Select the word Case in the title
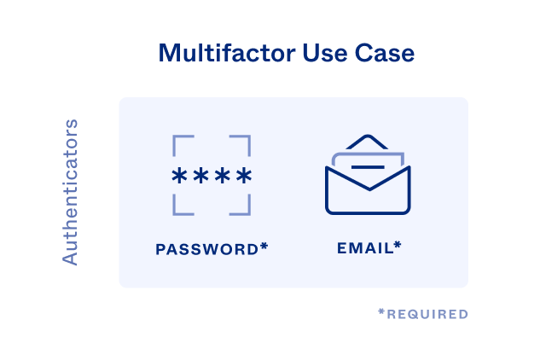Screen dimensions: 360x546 click(380, 53)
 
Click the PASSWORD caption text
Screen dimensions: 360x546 click(207, 249)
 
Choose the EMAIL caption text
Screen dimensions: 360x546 click(364, 248)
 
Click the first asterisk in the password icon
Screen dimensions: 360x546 click(179, 177)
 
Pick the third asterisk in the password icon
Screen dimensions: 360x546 click(223, 177)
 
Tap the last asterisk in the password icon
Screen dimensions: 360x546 click(244, 177)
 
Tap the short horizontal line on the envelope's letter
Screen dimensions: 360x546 click(368, 165)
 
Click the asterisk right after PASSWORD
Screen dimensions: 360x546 click(264, 247)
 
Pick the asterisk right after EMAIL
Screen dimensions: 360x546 click(398, 247)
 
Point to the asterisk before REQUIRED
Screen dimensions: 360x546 click(381, 313)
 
